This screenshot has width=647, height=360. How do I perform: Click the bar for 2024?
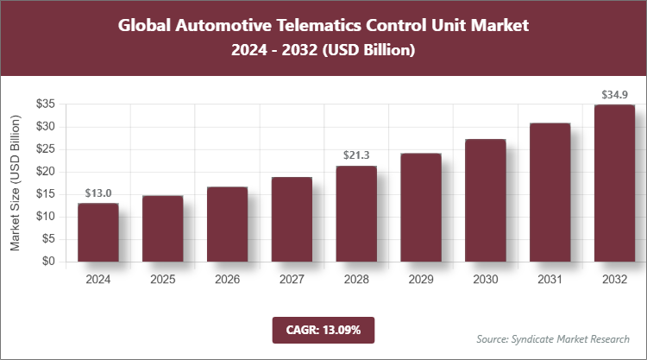pyautogui.click(x=97, y=232)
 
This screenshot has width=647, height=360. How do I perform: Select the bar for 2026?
pyautogui.click(x=227, y=224)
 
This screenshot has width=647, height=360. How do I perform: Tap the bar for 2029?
pyautogui.click(x=421, y=207)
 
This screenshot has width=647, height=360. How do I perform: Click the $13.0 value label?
pyautogui.click(x=97, y=193)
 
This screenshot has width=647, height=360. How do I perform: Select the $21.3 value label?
pyautogui.click(x=356, y=156)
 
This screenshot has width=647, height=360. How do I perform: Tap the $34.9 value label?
pyautogui.click(x=614, y=93)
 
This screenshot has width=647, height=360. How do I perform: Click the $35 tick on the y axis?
pyautogui.click(x=46, y=104)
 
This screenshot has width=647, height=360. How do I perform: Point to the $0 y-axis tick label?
pyautogui.click(x=49, y=262)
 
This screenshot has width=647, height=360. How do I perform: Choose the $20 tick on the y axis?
pyautogui.click(x=46, y=172)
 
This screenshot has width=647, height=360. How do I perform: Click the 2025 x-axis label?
pyautogui.click(x=162, y=280)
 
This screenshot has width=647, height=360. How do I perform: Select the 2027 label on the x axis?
pyautogui.click(x=292, y=280)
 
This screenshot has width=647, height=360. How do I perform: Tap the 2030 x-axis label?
pyautogui.click(x=485, y=280)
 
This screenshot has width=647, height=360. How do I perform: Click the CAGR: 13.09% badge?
pyautogui.click(x=323, y=330)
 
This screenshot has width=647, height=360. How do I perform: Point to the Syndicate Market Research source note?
pyautogui.click(x=553, y=338)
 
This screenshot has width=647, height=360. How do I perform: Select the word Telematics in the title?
pyautogui.click(x=317, y=26)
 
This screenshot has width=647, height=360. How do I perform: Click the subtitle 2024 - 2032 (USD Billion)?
pyautogui.click(x=323, y=51)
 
